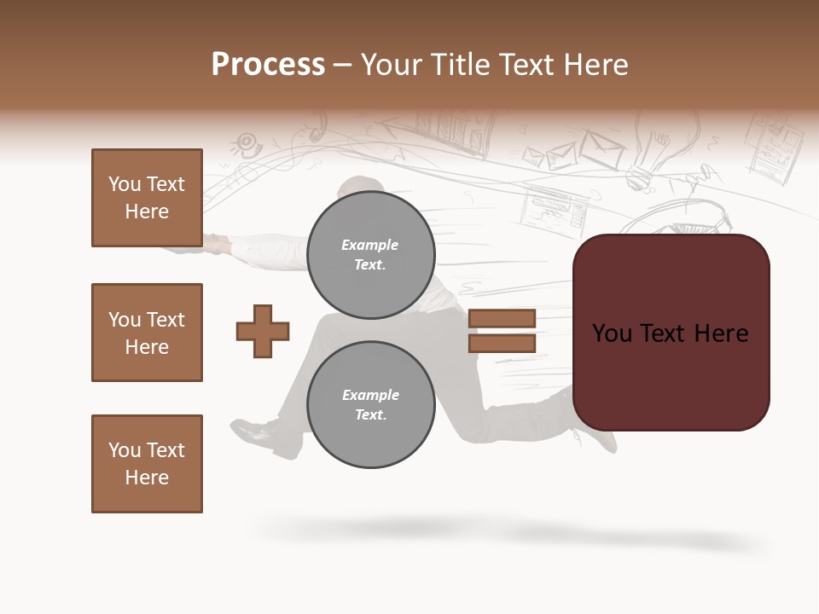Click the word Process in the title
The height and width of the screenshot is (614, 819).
point(268,65)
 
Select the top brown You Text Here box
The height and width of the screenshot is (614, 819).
point(147,198)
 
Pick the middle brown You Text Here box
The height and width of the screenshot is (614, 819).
point(147,333)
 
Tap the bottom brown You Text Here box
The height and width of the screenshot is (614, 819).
point(147,463)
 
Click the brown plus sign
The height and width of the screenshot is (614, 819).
point(263,331)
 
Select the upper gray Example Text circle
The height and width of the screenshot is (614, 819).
point(370,254)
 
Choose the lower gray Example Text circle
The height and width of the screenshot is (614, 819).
point(370,404)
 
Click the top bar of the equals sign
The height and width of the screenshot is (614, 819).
point(502,318)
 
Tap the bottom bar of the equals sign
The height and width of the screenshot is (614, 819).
point(502,343)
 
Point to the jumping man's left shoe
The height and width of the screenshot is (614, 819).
point(256,433)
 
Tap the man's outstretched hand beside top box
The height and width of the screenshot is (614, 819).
point(213,246)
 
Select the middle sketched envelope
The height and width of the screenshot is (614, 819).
point(561,155)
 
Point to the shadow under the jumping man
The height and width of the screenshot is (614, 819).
point(512,532)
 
